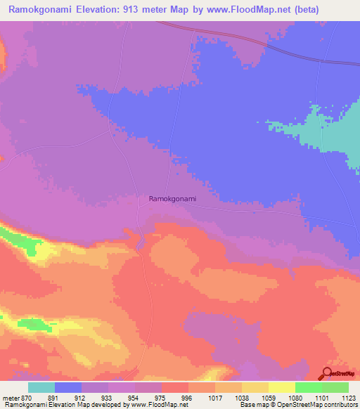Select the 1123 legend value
click(x=348, y=398)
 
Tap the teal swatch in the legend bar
click(x=41, y=387)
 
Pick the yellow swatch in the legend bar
click(x=281, y=387)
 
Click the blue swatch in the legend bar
click(x=68, y=387)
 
